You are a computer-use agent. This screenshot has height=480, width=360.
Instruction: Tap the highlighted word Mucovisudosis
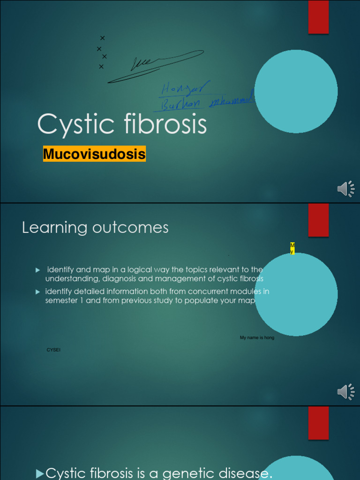tap(94, 154)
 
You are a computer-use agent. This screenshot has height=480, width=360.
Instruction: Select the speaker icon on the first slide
tap(345, 189)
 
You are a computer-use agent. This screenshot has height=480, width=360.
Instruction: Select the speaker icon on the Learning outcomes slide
tap(345, 391)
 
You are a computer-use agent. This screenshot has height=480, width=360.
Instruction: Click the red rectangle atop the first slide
tap(318, 17)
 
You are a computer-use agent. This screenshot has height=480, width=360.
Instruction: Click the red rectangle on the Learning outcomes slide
tap(318, 220)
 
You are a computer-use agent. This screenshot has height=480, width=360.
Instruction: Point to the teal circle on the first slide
tap(296, 91)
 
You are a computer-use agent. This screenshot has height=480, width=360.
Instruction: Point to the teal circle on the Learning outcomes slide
tap(296, 294)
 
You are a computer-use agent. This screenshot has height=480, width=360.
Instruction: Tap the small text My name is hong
tap(257, 337)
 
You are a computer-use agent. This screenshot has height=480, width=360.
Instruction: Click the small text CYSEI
tap(53, 350)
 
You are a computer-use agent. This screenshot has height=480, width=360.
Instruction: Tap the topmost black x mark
tap(102, 38)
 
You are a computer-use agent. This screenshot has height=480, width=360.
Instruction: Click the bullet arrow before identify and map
tap(38, 270)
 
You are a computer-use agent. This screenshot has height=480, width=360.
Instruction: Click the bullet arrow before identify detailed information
tap(38, 292)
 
